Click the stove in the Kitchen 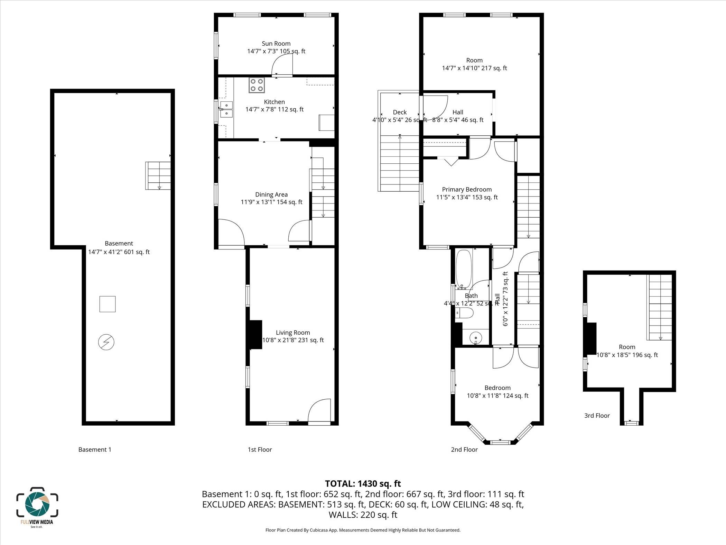[x=257, y=85]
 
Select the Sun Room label [x=276, y=44]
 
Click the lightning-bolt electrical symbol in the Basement [x=106, y=342]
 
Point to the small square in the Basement [x=108, y=304]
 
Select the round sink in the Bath [x=476, y=337]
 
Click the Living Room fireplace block [x=255, y=335]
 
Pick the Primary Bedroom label [x=467, y=190]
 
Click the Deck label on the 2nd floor [x=400, y=112]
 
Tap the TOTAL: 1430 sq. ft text [x=363, y=484]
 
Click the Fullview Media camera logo [x=37, y=503]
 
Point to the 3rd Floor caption [x=597, y=416]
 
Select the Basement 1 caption [x=95, y=449]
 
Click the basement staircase [x=158, y=175]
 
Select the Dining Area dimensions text [x=271, y=202]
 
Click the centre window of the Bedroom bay [x=500, y=442]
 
